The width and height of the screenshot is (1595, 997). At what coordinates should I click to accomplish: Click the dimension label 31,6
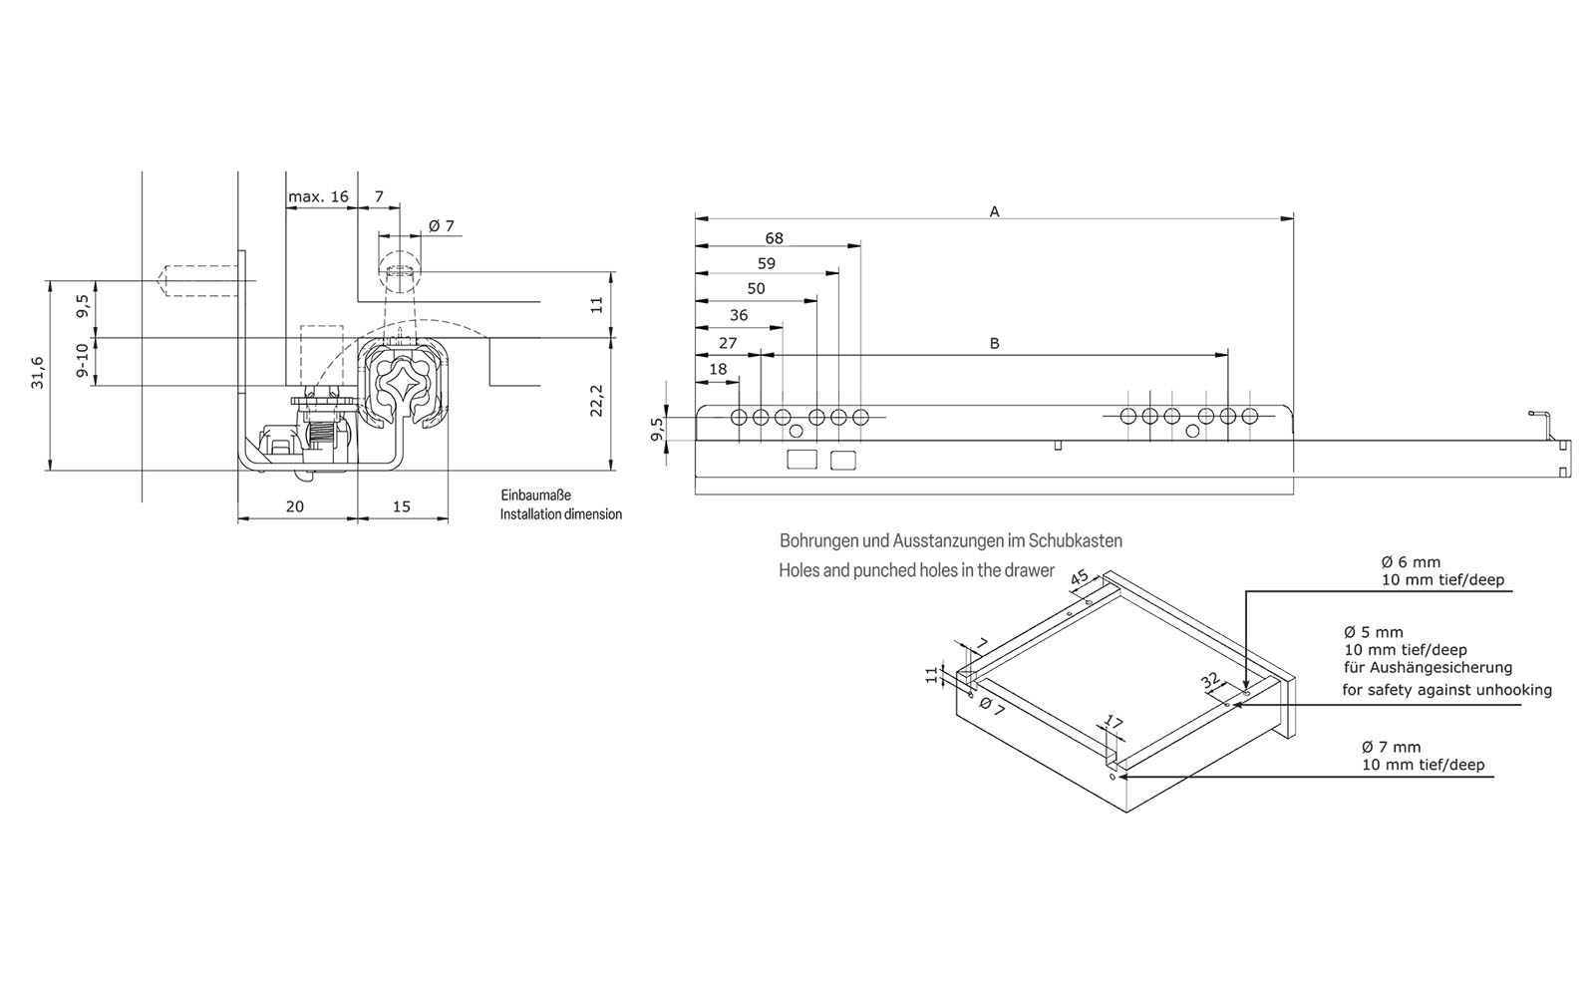click(x=37, y=373)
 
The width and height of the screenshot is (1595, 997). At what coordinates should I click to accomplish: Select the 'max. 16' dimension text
click(x=318, y=196)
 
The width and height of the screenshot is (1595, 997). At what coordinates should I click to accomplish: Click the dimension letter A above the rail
click(x=994, y=211)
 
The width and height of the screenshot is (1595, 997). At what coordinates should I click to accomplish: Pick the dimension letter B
click(x=994, y=343)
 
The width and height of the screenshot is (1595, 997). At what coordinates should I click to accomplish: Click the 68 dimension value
click(x=774, y=238)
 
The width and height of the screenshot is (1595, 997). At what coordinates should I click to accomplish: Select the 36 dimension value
click(x=739, y=315)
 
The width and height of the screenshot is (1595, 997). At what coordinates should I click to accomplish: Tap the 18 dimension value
click(x=718, y=369)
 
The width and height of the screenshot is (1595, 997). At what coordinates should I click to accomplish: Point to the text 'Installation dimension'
click(x=560, y=514)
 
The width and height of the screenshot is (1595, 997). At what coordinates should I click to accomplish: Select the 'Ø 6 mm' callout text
click(x=1411, y=562)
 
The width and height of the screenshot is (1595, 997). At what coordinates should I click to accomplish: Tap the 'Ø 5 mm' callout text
click(x=1373, y=632)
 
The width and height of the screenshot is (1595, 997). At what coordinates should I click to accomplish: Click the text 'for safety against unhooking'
click(x=1446, y=690)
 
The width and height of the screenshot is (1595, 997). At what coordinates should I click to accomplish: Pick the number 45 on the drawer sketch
click(x=1080, y=579)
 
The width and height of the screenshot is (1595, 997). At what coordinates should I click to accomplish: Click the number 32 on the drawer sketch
click(x=1210, y=681)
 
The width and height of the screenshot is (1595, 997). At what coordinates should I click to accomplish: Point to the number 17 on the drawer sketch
click(x=1115, y=723)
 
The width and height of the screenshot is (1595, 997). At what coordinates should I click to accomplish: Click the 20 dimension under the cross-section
click(x=295, y=506)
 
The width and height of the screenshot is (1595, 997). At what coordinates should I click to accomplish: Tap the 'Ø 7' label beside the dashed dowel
click(x=442, y=226)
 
